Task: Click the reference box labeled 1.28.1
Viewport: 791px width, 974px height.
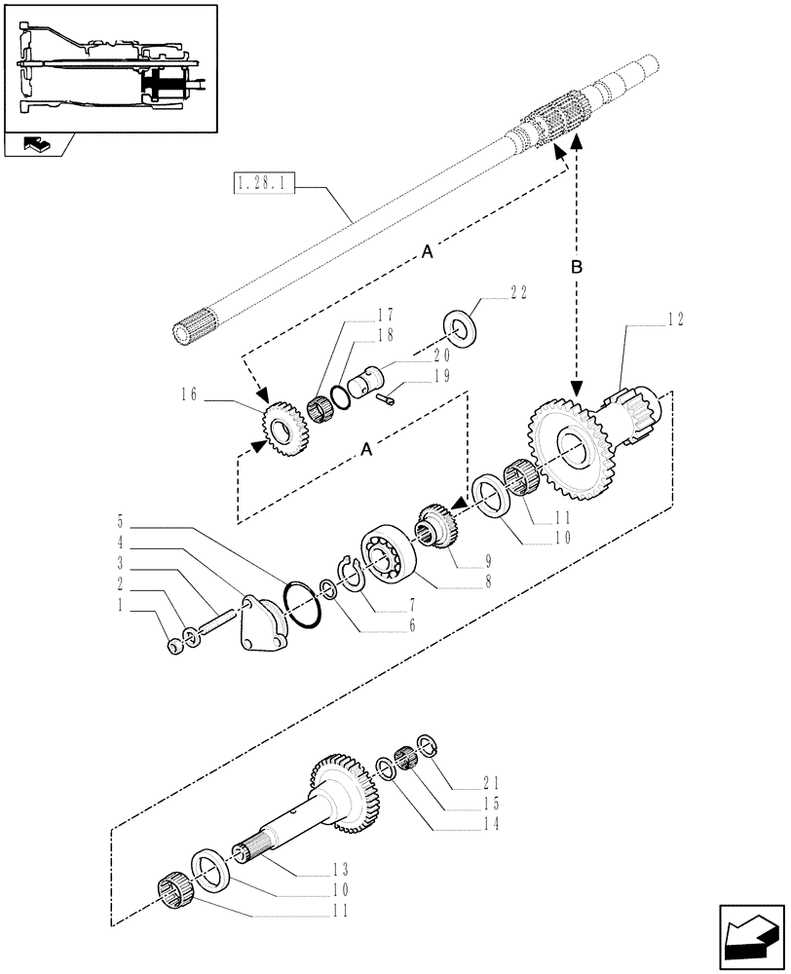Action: coord(263,182)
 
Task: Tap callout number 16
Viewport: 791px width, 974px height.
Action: coord(189,393)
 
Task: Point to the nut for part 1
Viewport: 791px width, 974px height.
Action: coord(174,647)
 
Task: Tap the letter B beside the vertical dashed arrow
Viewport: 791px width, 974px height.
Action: coord(576,266)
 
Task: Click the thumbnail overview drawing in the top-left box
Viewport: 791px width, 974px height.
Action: coord(107,69)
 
